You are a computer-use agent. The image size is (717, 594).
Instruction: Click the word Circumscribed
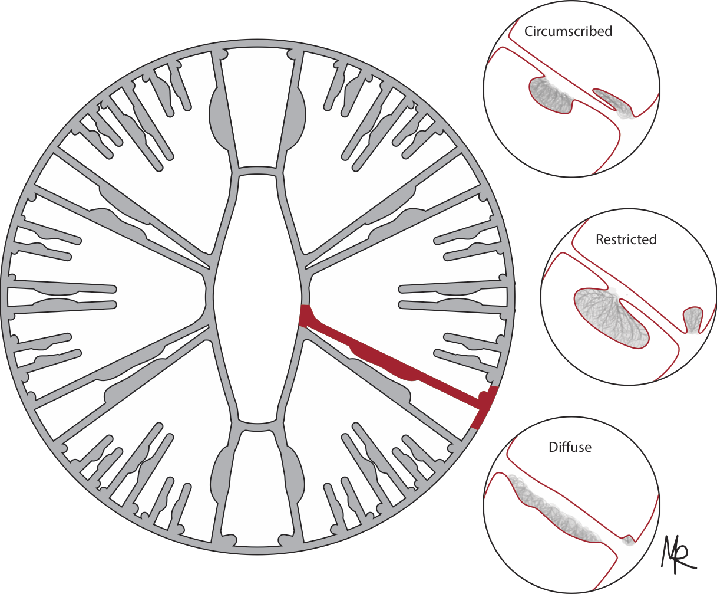coord(568,31)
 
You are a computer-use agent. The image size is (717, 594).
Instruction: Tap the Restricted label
coord(626,239)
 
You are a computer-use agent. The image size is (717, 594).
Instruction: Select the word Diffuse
coord(570,447)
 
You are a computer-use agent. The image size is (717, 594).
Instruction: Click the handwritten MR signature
coord(678,554)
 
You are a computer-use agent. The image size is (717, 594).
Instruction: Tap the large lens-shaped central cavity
coord(257,295)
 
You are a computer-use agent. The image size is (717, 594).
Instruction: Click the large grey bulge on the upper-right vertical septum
coord(296,118)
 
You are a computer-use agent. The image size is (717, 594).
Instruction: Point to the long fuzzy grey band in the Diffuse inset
coord(551,507)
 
